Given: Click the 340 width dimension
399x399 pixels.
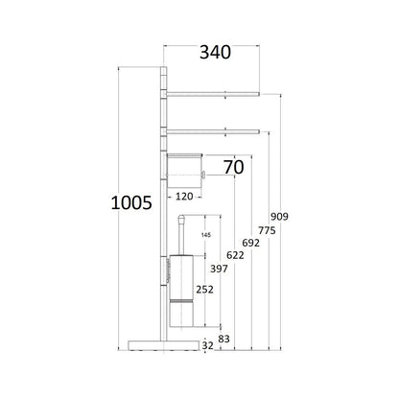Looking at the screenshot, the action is pos(215,53).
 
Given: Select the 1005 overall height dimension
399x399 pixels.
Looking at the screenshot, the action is pos(131,202).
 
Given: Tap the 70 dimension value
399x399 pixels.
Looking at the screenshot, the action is pos(233,167).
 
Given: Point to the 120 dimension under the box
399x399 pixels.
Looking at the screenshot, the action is pos(184,197).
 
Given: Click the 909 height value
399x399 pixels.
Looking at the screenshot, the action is pos(279,217).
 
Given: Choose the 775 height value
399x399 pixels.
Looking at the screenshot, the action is pos(267,230).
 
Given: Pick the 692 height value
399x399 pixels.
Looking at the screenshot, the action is pos(250,243).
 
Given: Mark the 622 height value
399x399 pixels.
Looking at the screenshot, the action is pos(235,255).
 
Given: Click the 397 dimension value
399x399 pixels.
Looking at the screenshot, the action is pos(219,269).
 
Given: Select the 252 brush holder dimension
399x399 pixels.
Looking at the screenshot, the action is pos(204,290).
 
